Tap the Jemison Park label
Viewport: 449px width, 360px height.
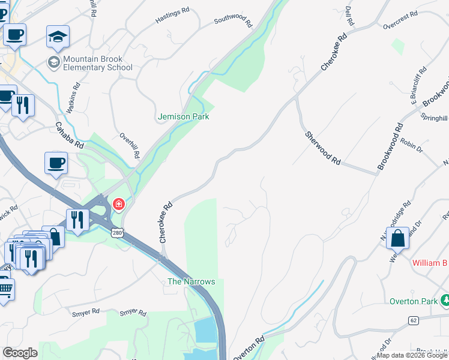[183, 116]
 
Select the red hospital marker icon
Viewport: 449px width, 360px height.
[119, 205]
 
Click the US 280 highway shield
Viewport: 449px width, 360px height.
[116, 232]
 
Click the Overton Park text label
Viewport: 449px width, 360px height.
[414, 301]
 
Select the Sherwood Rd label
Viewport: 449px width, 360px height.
[322, 149]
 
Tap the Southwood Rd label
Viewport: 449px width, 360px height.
[233, 22]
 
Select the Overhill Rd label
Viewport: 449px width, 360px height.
[130, 145]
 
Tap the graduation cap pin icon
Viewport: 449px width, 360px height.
[58, 37]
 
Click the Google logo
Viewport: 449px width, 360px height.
[20, 353]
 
